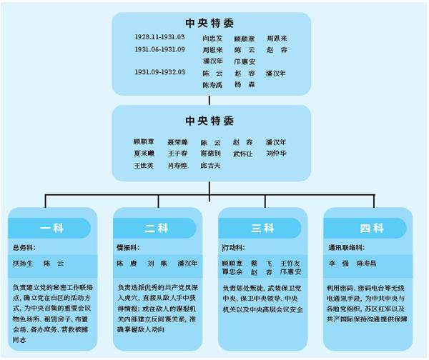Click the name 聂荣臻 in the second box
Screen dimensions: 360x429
(x=177, y=141)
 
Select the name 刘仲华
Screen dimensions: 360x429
(x=276, y=153)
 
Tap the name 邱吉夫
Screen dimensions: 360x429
(x=210, y=165)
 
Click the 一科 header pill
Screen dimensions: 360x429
(x=51, y=229)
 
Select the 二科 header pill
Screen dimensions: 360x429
(x=157, y=229)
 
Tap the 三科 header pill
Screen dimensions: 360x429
(x=262, y=229)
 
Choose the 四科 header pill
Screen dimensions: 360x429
(x=371, y=229)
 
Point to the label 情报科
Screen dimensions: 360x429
(x=129, y=247)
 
